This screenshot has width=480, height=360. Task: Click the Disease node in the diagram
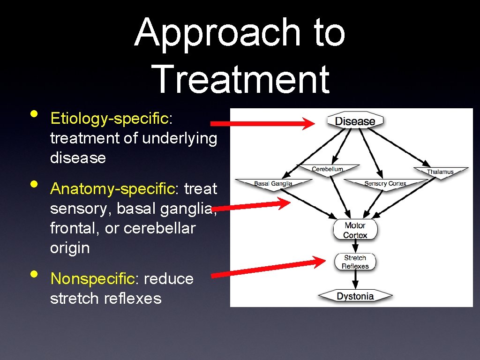pos(355,121)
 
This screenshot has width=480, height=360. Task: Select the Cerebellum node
pos(328,169)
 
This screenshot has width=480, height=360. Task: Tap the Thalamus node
pos(440,172)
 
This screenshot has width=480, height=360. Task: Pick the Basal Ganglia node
pos(273,183)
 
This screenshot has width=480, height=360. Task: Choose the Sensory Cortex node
pos(385,183)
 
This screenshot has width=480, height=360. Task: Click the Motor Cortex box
pos(355,230)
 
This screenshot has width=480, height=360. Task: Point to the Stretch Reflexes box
pos(355,262)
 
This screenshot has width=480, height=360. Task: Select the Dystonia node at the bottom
pos(355,296)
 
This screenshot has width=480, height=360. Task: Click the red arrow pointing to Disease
pos(262,124)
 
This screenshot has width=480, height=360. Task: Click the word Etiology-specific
pos(111,119)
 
